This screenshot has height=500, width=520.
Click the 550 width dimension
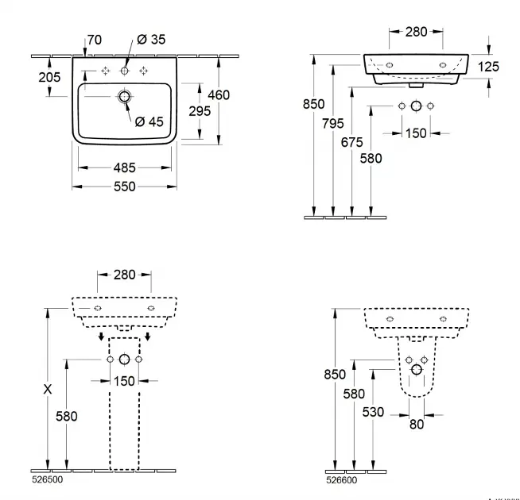(x=124, y=187)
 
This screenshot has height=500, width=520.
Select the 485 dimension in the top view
(x=124, y=167)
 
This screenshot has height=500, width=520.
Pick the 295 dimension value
(x=199, y=111)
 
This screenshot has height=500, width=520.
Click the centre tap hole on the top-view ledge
(x=124, y=71)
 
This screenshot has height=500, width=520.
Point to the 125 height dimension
(x=488, y=67)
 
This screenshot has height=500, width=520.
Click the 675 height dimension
(x=351, y=142)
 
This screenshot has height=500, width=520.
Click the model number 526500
(x=47, y=480)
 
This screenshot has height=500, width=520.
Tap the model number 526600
(x=343, y=479)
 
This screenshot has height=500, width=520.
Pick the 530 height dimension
(x=372, y=412)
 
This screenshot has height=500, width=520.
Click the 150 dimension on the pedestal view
(x=123, y=382)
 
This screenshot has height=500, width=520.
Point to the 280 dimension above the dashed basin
(x=123, y=275)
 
